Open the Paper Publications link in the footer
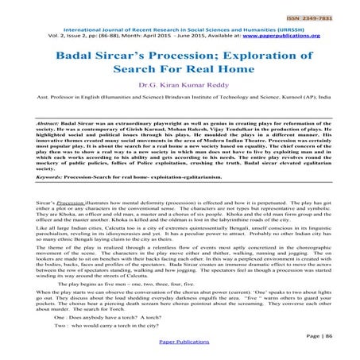pos(179,353)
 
